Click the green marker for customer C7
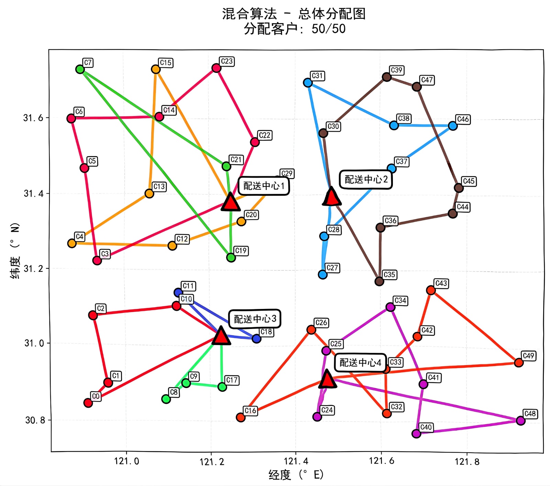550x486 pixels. tap(80, 69)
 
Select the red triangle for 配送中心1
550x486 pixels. tap(230, 202)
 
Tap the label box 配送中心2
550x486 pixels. tap(366, 179)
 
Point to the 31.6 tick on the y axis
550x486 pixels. tap(34, 118)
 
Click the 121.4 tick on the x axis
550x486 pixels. tap(296, 461)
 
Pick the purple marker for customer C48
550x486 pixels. tap(520, 420)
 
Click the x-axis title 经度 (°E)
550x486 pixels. tap(296, 475)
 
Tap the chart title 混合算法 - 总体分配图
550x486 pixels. tap(294, 14)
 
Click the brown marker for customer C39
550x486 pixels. tap(387, 77)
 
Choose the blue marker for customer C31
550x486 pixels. tap(308, 82)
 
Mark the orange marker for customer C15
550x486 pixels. tap(156, 69)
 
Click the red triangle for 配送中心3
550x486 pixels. tap(221, 336)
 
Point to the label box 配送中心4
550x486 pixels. tap(360, 362)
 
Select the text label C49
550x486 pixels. tap(528, 355)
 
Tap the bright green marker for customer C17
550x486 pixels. tap(222, 387)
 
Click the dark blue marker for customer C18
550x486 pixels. tap(256, 339)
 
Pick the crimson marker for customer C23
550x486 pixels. tap(216, 68)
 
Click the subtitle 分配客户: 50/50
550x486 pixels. tap(295, 29)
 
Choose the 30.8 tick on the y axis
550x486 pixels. tap(35, 420)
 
